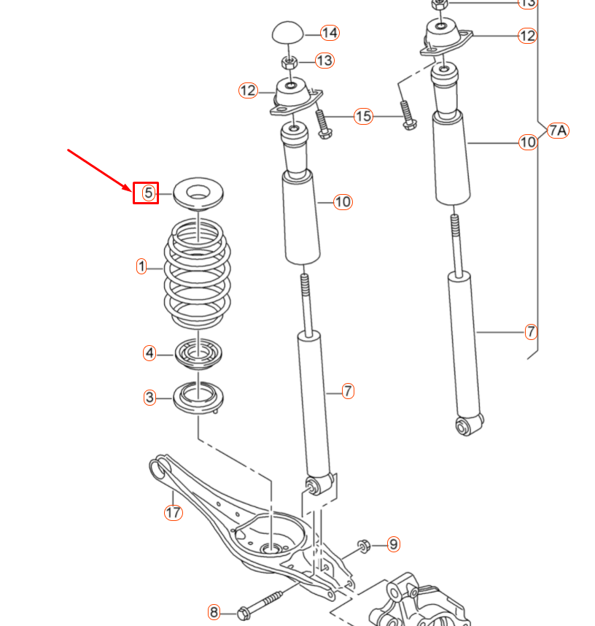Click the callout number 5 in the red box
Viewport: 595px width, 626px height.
(x=147, y=193)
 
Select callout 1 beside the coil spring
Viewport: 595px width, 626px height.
(x=142, y=266)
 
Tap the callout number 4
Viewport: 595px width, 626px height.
(x=149, y=354)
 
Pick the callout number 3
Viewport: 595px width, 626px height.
(x=149, y=398)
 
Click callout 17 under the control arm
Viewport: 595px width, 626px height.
(x=173, y=512)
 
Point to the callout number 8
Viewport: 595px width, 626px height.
(x=214, y=611)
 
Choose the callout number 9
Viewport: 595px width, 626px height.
(x=393, y=544)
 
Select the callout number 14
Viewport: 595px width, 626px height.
(x=330, y=33)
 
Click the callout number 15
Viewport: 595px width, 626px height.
(x=363, y=116)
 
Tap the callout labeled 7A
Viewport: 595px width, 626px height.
(x=557, y=131)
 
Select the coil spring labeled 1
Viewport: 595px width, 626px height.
(x=197, y=274)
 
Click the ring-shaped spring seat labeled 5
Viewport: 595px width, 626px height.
(x=198, y=196)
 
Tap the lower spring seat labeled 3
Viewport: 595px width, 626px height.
(x=198, y=398)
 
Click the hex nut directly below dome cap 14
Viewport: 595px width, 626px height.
(x=289, y=61)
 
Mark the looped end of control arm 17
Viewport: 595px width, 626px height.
(x=157, y=467)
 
